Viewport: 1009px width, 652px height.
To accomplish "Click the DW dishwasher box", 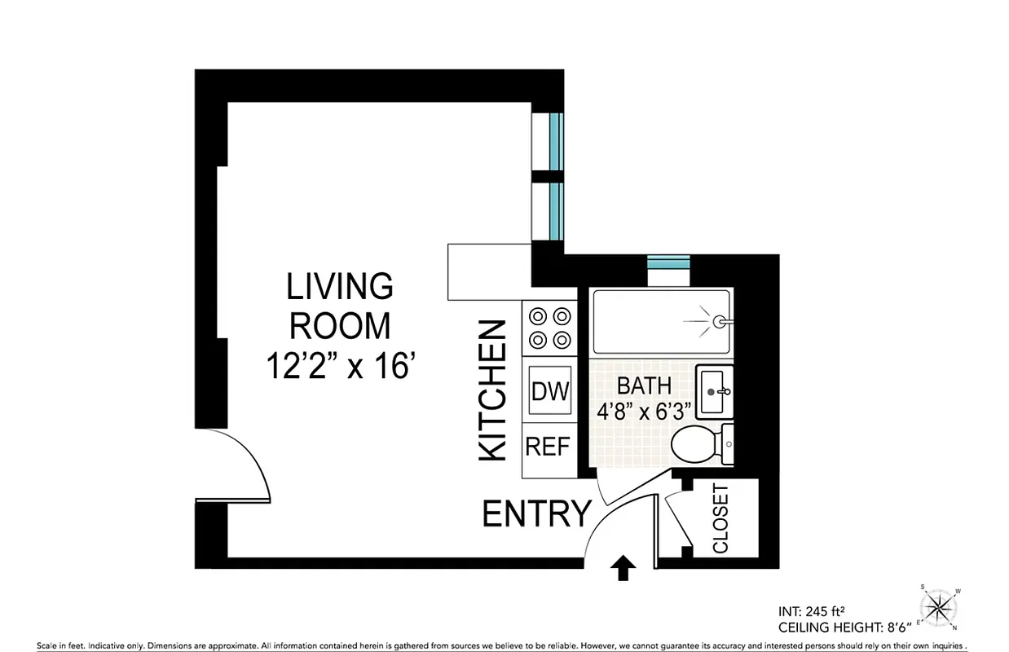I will (550, 390).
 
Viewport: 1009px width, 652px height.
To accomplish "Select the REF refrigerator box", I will (548, 447).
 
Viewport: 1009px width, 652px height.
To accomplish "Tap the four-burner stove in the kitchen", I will (549, 327).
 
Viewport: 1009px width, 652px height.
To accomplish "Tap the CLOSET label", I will (720, 518).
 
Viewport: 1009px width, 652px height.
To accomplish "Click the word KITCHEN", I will (493, 391).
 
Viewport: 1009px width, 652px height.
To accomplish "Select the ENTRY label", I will (537, 514).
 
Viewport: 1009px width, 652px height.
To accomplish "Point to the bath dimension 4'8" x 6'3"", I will (644, 409).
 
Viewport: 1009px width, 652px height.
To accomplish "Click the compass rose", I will (942, 606).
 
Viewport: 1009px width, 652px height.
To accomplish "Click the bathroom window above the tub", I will (668, 262).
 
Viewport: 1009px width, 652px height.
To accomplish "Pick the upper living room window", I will (555, 141).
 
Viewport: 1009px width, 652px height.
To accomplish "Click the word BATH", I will (644, 385).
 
